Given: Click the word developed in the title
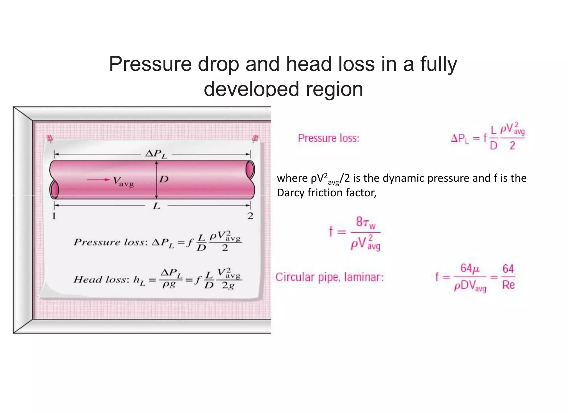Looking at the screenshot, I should coord(251,89).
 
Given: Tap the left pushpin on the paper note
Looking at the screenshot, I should coord(50,138).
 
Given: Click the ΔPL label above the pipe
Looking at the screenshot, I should coord(156,154).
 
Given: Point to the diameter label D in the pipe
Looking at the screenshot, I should coord(164,179).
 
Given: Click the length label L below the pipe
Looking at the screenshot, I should coord(156,206).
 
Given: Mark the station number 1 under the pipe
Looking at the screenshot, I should coord(54,216).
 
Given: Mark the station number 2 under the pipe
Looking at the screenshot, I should coord(250,216).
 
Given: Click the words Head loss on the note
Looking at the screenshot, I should coord(101,279).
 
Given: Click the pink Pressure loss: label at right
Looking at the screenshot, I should coord(328,138).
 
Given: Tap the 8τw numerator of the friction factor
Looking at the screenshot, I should coord(366,223).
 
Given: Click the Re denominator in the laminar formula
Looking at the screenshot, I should coord(508,285).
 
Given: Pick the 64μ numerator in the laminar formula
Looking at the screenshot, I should coord(470,268).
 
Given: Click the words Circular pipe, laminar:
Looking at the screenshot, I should coord(329,277).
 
